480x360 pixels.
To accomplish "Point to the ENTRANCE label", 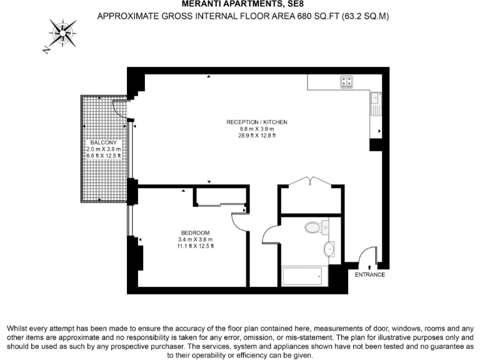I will pos(370,274).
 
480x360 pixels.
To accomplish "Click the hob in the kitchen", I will pos(347,81).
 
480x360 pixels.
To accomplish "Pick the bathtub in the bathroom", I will pos(303,275).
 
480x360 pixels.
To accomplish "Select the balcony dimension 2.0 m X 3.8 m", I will pos(104,150).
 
